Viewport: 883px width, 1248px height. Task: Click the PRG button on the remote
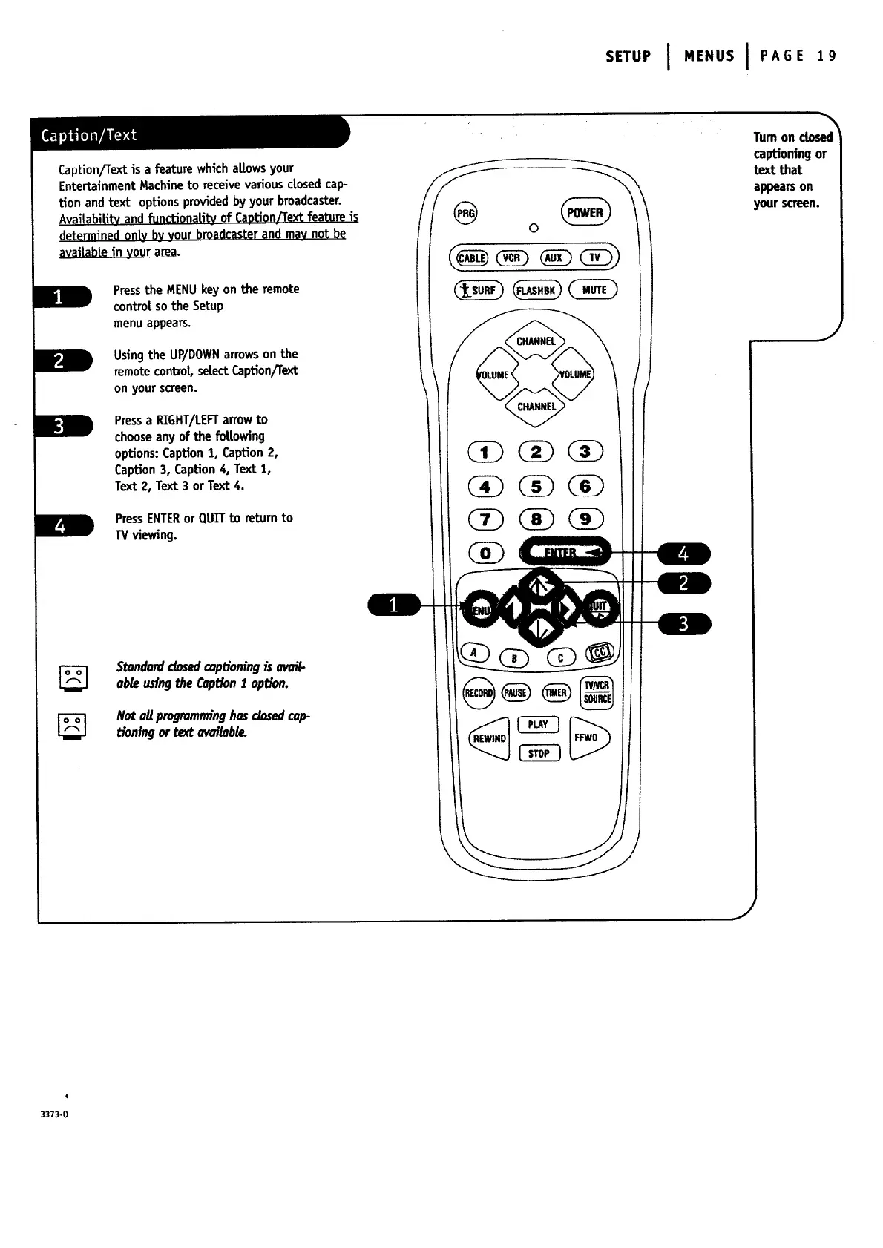(466, 212)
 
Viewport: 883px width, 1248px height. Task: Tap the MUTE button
(594, 290)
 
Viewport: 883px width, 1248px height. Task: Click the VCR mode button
(511, 258)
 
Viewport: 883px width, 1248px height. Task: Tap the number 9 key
(585, 519)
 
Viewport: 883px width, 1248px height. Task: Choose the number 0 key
(486, 553)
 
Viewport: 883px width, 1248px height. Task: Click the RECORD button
(479, 693)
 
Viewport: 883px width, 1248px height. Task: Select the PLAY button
(538, 724)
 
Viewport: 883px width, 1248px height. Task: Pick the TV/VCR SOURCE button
(597, 692)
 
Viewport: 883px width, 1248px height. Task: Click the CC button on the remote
(600, 652)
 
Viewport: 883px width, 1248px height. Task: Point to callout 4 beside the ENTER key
(683, 554)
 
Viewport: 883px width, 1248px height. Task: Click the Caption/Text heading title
(89, 135)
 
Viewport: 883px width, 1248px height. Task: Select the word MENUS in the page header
(709, 56)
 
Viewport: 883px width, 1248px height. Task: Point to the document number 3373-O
(55, 1114)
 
